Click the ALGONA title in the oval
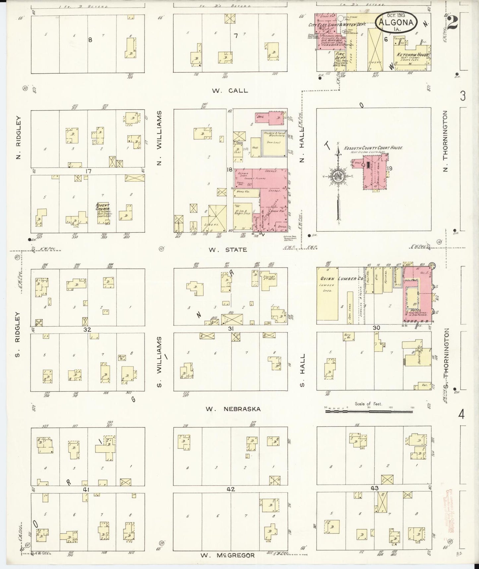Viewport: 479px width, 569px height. coord(396,23)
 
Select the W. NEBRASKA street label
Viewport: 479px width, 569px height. coord(233,409)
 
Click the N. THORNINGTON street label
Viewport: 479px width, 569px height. coord(446,141)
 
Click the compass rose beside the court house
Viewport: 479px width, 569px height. coord(338,175)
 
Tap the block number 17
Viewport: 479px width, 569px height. coord(88,171)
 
